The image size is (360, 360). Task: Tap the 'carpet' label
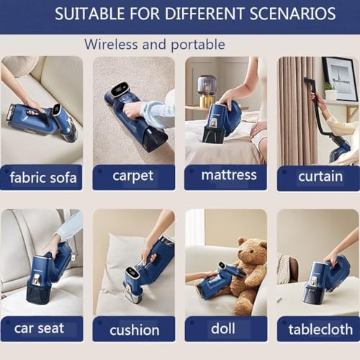(133, 176)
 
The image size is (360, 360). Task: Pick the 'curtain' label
(318, 176)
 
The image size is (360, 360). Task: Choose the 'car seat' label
(39, 328)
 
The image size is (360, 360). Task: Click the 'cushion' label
(134, 330)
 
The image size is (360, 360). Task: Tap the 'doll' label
(223, 328)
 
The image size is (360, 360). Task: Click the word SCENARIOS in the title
(292, 14)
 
